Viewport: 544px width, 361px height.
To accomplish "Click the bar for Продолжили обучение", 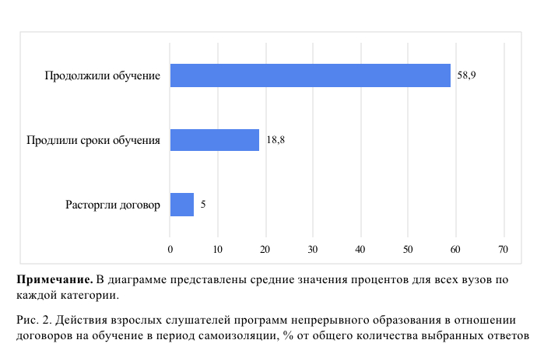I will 310,75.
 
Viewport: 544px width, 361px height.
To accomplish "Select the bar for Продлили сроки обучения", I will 214,140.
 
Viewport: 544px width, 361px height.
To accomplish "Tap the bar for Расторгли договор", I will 181,205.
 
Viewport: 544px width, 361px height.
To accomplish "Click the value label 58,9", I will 467,75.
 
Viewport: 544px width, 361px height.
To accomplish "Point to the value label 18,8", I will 276,140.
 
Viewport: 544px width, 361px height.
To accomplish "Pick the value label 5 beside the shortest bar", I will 203,205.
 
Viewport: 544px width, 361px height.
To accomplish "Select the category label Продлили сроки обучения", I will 93,140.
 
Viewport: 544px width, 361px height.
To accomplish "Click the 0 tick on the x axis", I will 170,249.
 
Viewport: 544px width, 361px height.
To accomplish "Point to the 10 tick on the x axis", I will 218,249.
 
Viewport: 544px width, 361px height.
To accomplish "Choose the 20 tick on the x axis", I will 265,249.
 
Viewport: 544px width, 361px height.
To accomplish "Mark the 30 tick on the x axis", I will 313,249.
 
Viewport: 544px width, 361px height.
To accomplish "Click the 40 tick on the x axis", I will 360,249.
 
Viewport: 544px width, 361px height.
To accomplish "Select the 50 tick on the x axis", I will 409,249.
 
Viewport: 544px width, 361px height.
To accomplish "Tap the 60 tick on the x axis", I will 456,249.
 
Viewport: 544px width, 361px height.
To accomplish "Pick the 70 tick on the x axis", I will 504,249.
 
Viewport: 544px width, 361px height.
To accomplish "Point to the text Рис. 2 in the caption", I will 30,320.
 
